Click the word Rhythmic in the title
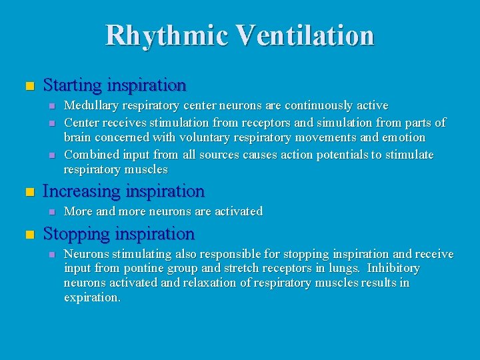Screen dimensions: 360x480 (x=158, y=35)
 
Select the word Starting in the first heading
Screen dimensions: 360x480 (x=71, y=85)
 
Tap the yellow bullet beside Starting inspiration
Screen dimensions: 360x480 (x=28, y=87)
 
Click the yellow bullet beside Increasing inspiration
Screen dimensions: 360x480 (x=28, y=193)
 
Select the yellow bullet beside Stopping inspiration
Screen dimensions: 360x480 (x=28, y=235)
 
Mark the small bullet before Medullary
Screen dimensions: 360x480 (x=53, y=106)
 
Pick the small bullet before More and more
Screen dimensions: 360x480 (x=53, y=212)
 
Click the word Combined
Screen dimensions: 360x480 (x=90, y=155)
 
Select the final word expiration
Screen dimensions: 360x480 (x=92, y=297)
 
